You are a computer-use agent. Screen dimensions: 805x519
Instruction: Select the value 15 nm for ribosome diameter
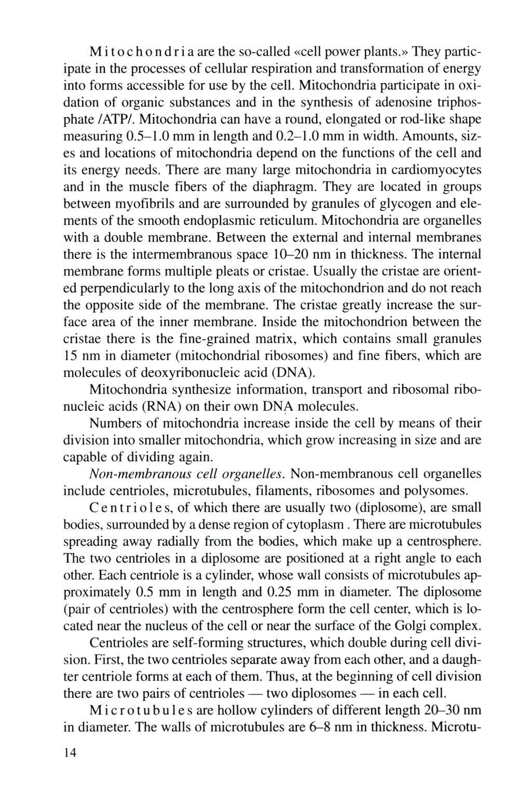(83, 356)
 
